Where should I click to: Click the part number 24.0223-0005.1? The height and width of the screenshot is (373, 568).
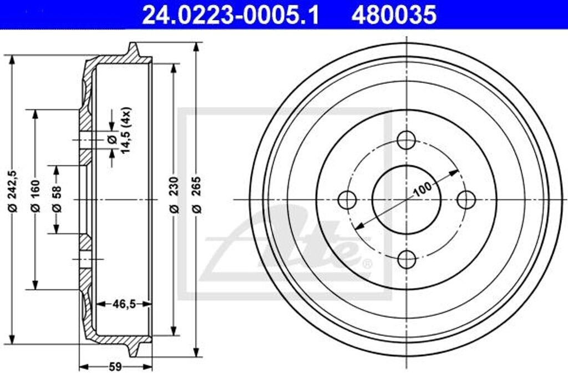pyautogui.click(x=231, y=14)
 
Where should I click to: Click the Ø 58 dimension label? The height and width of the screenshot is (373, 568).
pyautogui.click(x=56, y=200)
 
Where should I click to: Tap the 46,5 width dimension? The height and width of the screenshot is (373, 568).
pyautogui.click(x=123, y=304)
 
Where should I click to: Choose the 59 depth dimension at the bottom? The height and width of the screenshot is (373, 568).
pyautogui.click(x=115, y=366)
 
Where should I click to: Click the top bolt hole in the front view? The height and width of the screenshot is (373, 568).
pyautogui.click(x=407, y=140)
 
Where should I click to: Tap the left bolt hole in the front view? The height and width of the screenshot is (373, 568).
pyautogui.click(x=347, y=199)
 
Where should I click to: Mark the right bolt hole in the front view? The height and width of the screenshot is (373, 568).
pyautogui.click(x=466, y=199)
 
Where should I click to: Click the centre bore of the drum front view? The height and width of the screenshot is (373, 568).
pyautogui.click(x=407, y=199)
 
